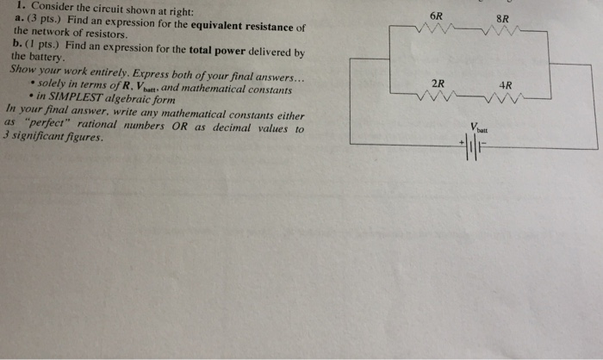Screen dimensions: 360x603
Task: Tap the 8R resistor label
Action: tap(503, 18)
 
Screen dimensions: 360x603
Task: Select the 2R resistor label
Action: tap(438, 84)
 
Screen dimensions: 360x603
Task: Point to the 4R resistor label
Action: tap(506, 85)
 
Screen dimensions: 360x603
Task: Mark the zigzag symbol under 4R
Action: tap(506, 97)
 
